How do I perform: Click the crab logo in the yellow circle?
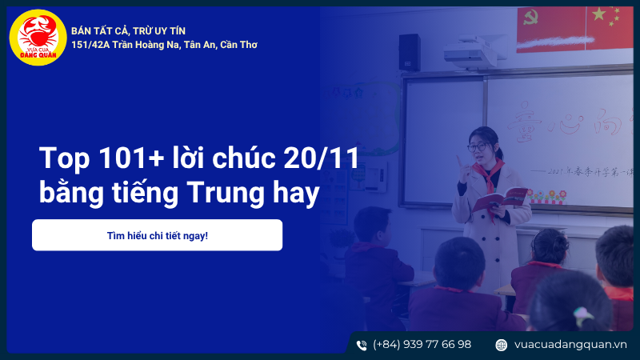pos(37,37)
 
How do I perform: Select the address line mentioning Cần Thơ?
pos(164,45)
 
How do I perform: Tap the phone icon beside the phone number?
pos(362,345)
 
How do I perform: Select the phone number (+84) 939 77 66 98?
pos(422,345)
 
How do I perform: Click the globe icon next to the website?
pos(502,345)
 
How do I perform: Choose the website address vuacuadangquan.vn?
pos(570,345)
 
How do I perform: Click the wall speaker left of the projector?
pos(409,52)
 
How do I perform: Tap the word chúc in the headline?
pos(242,158)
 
